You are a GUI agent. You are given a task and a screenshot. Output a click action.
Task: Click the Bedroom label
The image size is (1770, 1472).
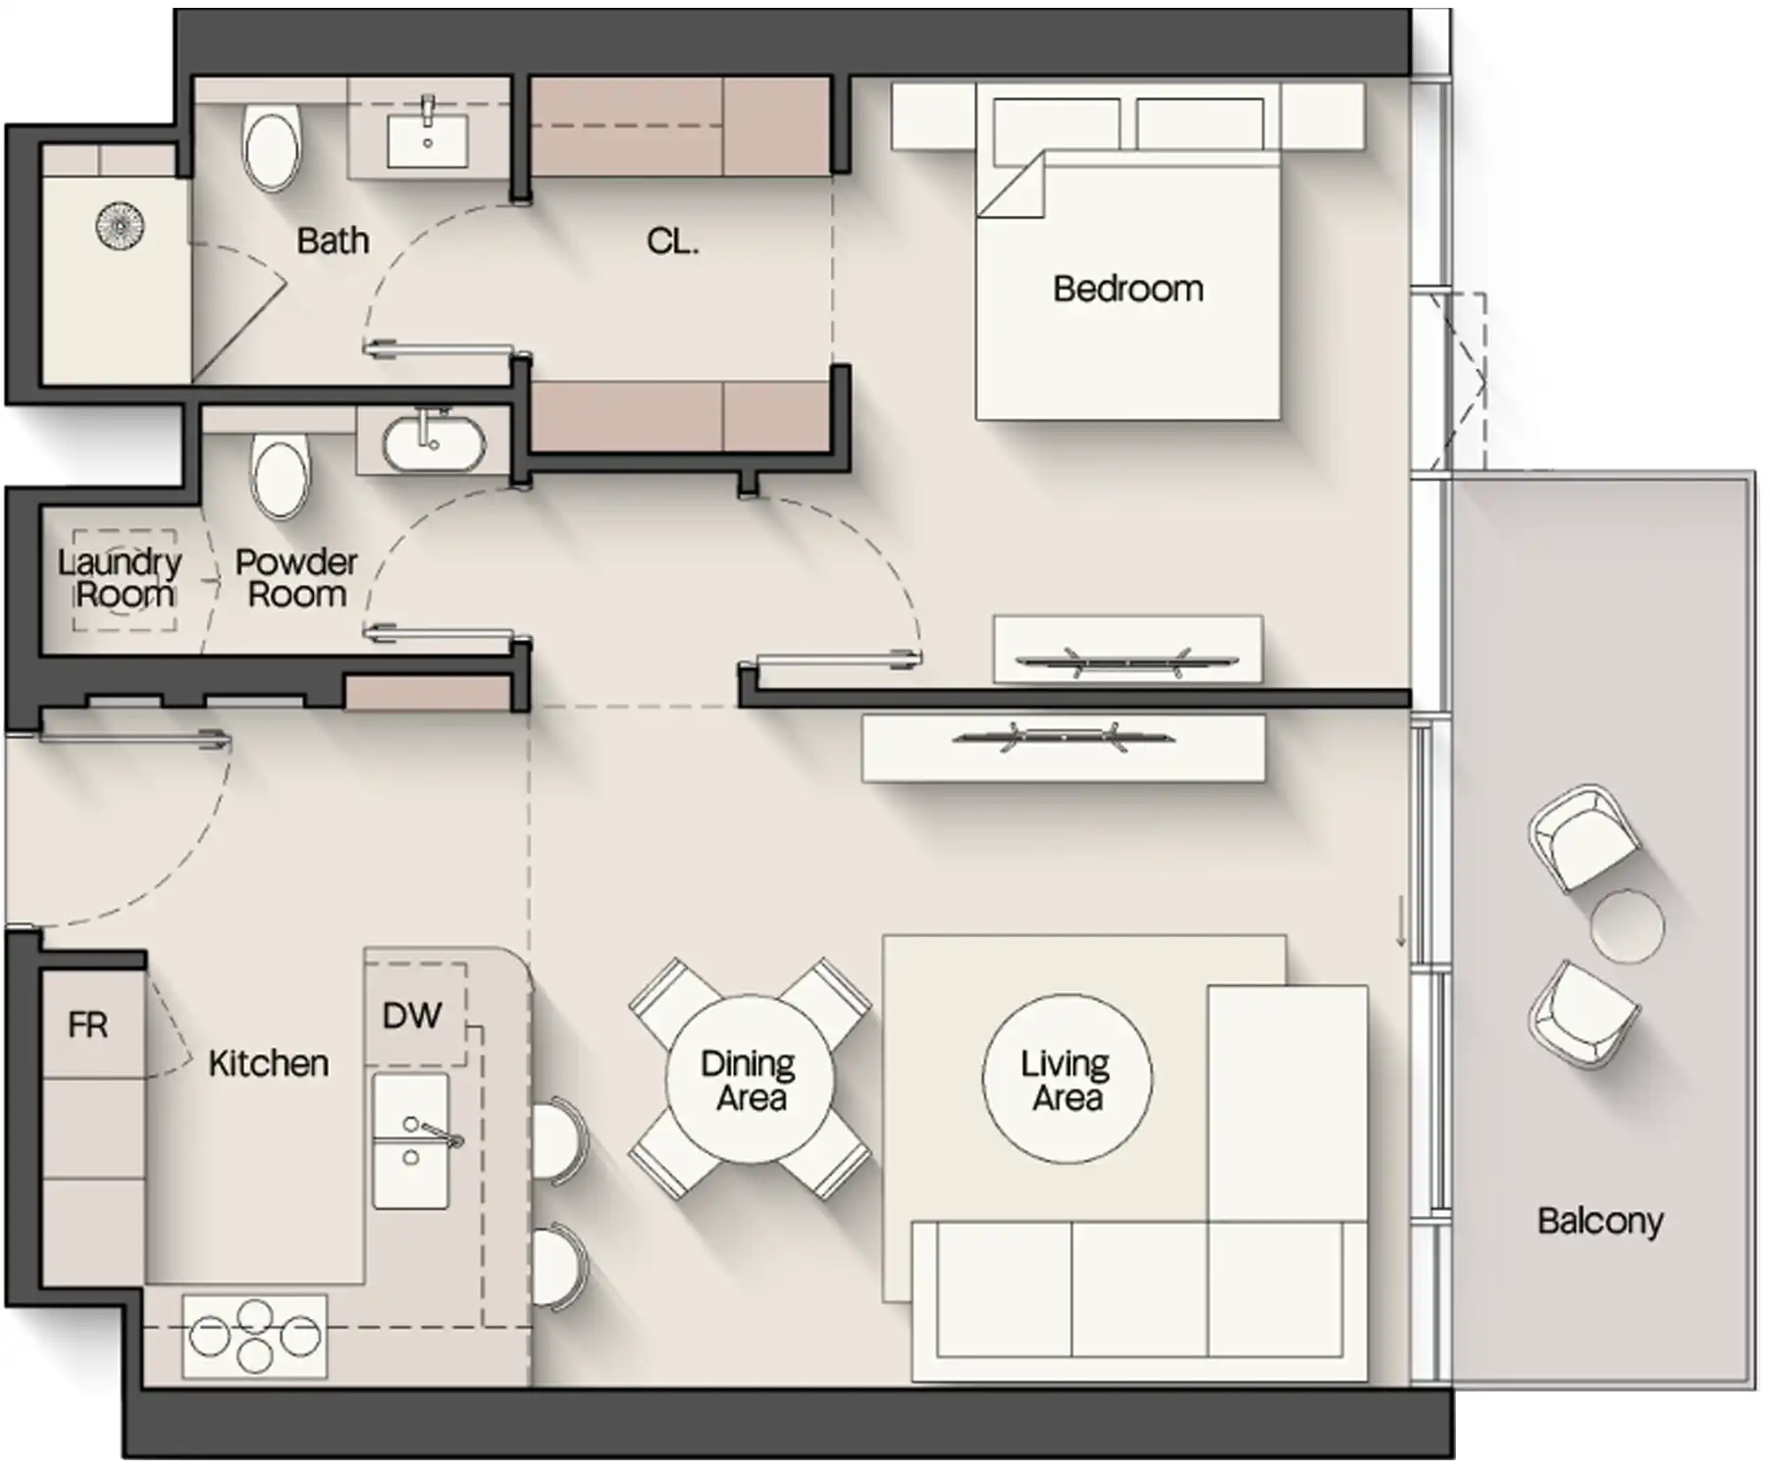[x=1127, y=289]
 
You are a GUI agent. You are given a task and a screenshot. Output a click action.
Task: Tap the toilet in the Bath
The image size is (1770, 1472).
[x=271, y=148]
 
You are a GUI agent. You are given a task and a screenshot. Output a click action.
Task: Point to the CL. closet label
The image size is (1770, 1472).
[x=673, y=240]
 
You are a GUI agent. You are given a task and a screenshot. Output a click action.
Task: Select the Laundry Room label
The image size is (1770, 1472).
[x=120, y=578]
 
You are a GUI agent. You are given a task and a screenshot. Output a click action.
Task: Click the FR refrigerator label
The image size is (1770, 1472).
[x=87, y=1025]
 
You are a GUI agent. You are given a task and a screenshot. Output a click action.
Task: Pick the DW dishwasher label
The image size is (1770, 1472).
[x=411, y=1015]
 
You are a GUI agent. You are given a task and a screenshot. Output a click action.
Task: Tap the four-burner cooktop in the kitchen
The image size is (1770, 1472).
[x=255, y=1336]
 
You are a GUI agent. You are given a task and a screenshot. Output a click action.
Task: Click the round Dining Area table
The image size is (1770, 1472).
[x=750, y=1079]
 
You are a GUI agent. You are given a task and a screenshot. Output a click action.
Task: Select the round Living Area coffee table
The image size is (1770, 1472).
[x=1067, y=1079]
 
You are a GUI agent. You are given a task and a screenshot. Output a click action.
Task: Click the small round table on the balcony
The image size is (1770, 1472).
[x=1627, y=926]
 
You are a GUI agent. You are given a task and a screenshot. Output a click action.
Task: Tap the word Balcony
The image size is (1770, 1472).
[x=1599, y=1221]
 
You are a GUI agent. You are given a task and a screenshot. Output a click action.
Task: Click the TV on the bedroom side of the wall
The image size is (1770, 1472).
[x=1126, y=661]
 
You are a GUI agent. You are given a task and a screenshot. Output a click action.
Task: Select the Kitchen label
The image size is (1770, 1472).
[x=268, y=1063]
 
